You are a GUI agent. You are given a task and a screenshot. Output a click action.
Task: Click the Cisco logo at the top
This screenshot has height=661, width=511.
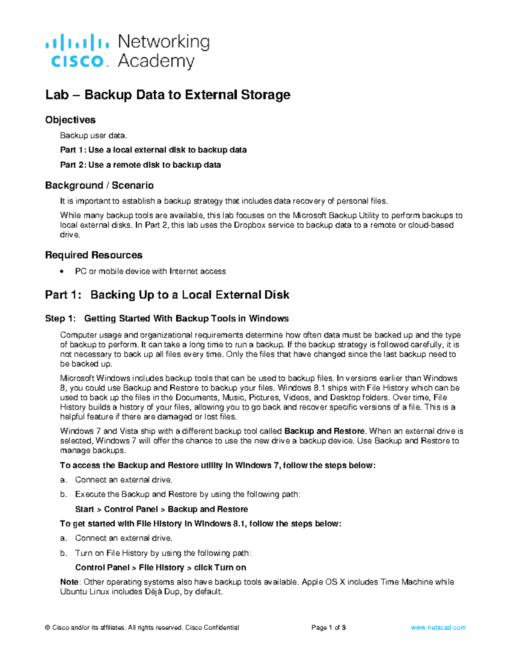point(77,52)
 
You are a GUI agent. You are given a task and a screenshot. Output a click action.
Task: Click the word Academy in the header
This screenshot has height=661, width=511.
point(156,61)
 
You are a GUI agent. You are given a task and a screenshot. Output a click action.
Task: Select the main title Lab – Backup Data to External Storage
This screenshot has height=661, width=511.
point(168,94)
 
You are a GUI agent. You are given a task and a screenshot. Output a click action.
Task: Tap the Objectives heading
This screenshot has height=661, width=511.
point(70,120)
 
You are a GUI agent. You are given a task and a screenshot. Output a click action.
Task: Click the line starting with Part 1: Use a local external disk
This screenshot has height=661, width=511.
point(153,150)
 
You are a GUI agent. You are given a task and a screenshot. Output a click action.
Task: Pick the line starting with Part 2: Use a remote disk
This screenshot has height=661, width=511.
point(140,165)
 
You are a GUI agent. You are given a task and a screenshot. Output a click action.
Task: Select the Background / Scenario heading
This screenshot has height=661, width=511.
point(99,186)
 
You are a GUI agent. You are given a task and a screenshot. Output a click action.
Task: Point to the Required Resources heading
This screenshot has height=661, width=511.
point(94,255)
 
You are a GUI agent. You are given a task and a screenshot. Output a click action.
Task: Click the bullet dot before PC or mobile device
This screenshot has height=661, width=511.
point(63,272)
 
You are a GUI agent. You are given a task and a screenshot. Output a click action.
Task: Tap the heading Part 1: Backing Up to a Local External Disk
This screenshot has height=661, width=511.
point(167,295)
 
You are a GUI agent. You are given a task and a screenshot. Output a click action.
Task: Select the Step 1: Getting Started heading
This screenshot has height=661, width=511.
point(167,319)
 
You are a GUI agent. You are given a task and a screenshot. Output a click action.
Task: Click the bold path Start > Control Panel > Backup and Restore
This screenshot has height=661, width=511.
point(161,509)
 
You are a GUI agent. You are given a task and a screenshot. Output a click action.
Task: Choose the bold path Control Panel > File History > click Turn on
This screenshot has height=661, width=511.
point(161,568)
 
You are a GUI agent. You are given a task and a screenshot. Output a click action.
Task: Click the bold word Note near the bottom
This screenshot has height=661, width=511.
point(69,582)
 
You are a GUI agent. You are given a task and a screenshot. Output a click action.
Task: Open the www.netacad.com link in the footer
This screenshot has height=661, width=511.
point(438,627)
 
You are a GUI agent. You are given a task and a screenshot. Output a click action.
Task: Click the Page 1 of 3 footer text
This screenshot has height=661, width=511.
point(328,627)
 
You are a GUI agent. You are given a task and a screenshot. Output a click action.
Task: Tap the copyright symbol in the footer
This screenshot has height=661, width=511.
point(48,627)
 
